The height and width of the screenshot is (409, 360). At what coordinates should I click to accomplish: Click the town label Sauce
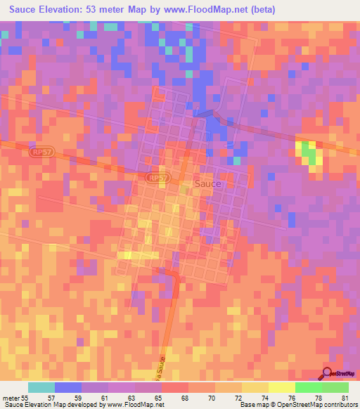tap(207, 183)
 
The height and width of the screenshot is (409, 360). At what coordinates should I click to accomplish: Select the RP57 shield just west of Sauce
tap(157, 178)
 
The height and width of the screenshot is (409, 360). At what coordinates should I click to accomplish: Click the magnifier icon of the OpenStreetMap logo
tap(328, 374)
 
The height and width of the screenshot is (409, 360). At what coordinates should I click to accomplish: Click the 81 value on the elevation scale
tap(344, 397)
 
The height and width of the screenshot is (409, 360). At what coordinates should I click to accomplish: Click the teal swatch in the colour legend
tap(41, 387)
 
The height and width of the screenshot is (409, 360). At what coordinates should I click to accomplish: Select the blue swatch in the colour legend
tap(68, 387)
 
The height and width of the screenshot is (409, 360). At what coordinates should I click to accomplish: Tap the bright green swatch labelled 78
tap(308, 387)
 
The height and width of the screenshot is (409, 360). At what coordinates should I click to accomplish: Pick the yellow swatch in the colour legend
tap(281, 387)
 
